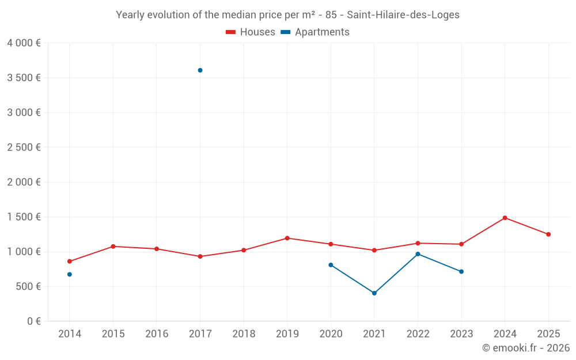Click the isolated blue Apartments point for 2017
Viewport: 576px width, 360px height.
coord(200,70)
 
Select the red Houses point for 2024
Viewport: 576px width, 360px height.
coord(505,218)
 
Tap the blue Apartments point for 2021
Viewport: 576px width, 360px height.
coord(374,293)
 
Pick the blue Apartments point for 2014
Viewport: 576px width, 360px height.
coord(70,274)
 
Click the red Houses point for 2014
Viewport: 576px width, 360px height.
coord(70,262)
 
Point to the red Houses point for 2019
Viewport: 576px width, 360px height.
coord(287,238)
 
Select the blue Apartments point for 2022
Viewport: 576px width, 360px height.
coord(418,254)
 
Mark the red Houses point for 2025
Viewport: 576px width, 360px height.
coord(548,234)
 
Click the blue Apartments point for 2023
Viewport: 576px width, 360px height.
coord(461,271)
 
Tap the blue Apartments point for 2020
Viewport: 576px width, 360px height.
coord(331,265)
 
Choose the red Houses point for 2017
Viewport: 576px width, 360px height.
coord(200,256)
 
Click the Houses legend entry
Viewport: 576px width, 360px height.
coord(251,32)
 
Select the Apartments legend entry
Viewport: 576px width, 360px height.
coord(315,32)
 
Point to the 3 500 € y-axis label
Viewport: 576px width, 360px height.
coord(24,78)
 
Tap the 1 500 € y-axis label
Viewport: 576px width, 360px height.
coord(24,217)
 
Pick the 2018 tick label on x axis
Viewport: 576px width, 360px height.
coord(244,334)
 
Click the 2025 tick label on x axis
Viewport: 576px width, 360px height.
coord(548,334)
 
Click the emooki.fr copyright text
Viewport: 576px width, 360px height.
coord(525,348)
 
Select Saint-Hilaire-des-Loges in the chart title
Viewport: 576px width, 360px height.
coord(403,15)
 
